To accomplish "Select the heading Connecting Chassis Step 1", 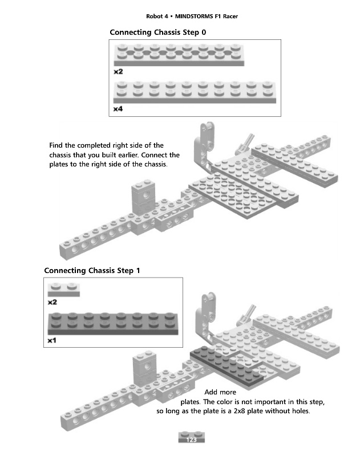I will pos(91,270).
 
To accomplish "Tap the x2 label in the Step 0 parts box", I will pos(118,72).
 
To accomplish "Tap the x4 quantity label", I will pos(118,108).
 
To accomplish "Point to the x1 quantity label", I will pos(52,340).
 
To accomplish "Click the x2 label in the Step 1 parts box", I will pos(52,303).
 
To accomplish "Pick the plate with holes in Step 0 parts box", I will pos(179,56).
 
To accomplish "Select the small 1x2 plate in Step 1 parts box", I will pos(64,290).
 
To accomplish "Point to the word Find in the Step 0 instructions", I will pos(56,145).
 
